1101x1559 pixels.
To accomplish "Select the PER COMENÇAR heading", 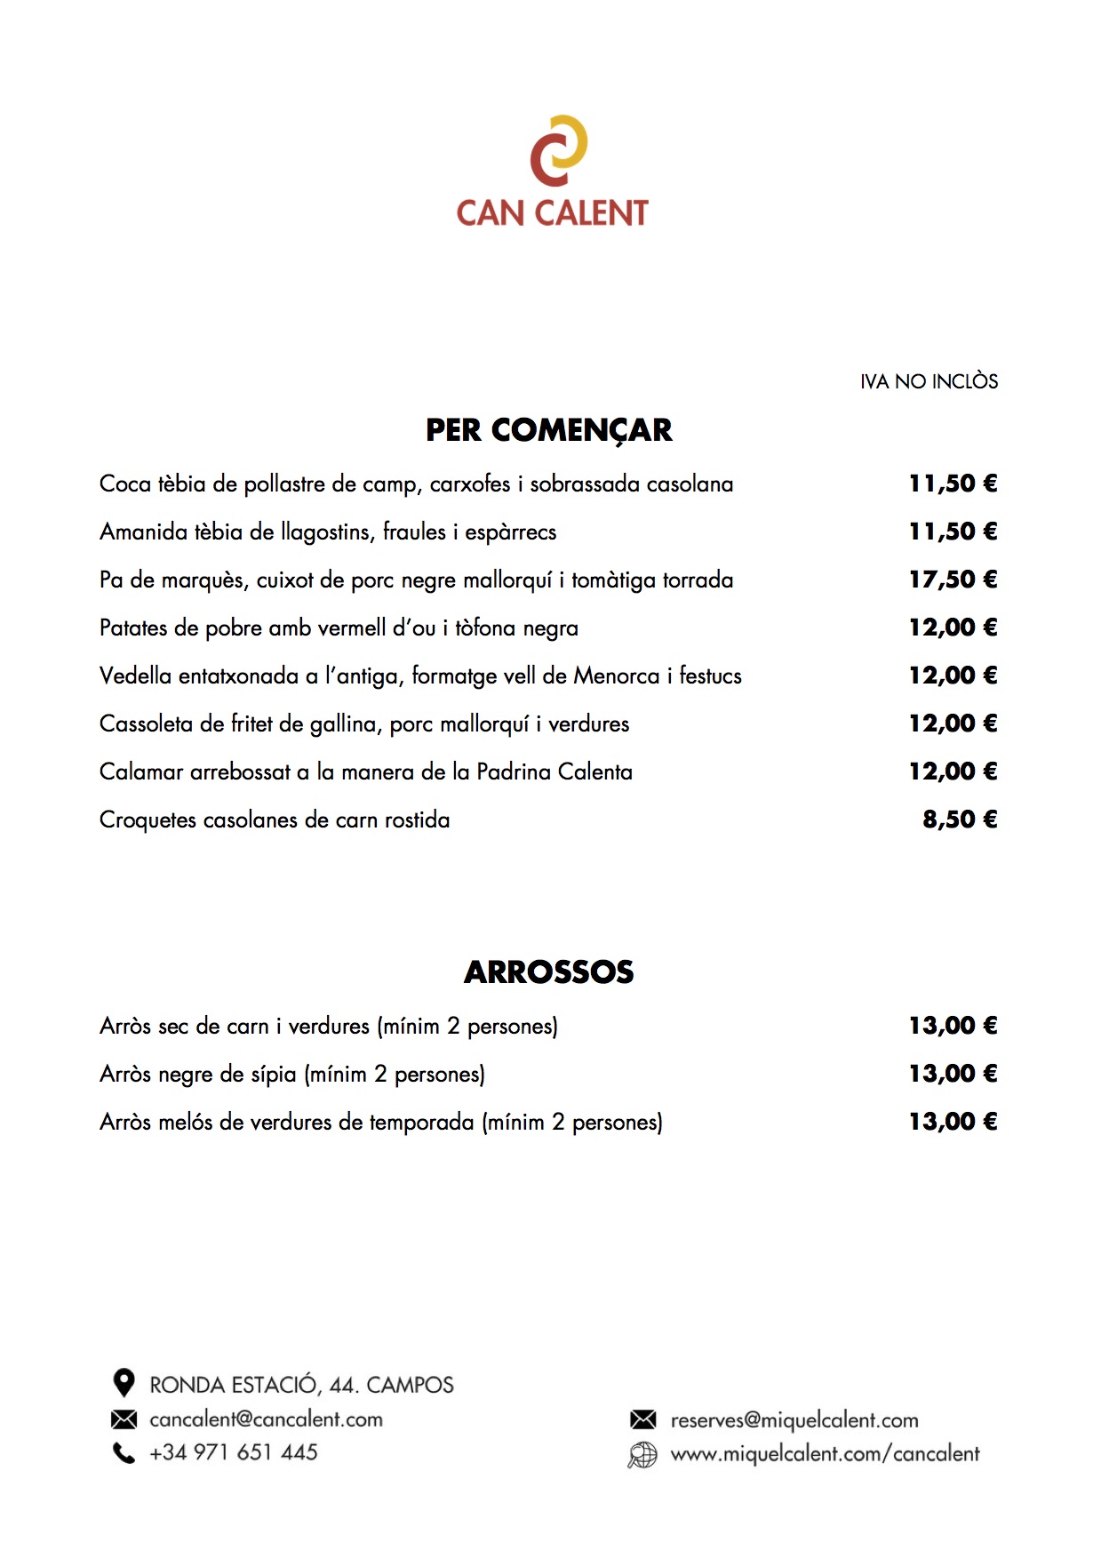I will click(548, 430).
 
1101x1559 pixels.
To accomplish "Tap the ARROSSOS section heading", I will click(548, 972).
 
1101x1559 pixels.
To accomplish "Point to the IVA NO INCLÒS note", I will click(929, 381).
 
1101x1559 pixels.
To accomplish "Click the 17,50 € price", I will click(953, 580).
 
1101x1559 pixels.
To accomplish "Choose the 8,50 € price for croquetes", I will click(960, 819).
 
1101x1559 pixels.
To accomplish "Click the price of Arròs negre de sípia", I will click(953, 1074).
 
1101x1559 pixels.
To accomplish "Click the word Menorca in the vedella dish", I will click(616, 676).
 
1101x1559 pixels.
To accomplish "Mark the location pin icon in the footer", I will click(124, 1383).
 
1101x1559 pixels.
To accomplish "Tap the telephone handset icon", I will click(124, 1453).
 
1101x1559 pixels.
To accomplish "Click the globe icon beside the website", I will click(642, 1455).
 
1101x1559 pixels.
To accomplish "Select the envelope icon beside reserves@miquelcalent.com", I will click(642, 1419).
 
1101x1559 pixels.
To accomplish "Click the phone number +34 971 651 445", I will click(234, 1452).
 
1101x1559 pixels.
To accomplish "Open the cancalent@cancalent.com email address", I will click(266, 1419).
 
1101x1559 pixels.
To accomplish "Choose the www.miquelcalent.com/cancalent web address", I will click(825, 1454).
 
